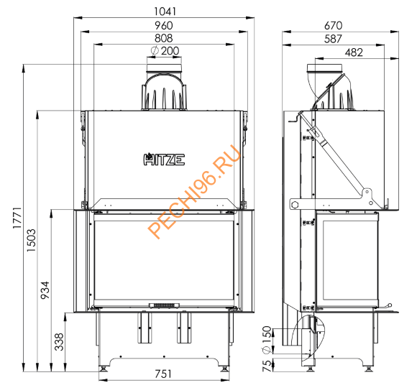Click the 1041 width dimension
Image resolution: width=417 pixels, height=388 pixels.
(x=165, y=11)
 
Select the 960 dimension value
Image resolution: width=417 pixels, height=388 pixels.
(x=165, y=25)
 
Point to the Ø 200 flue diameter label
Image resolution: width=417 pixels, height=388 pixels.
(x=165, y=51)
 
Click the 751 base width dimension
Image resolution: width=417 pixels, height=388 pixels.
(x=165, y=374)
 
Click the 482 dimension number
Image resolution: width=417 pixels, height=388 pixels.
(x=354, y=52)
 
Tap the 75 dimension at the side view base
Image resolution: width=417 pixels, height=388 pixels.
(x=267, y=365)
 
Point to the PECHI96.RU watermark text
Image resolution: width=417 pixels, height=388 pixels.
(x=193, y=195)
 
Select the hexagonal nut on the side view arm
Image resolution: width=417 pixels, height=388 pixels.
(x=295, y=203)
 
